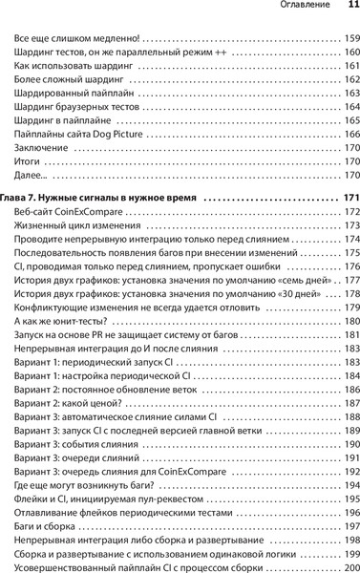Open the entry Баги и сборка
click(x=51, y=528)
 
